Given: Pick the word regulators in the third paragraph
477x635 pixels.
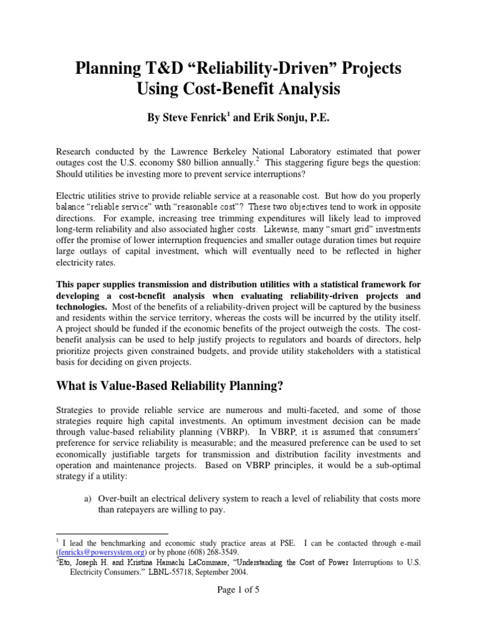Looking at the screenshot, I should click(x=289, y=340).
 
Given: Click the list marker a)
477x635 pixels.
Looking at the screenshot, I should click(x=87, y=499).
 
